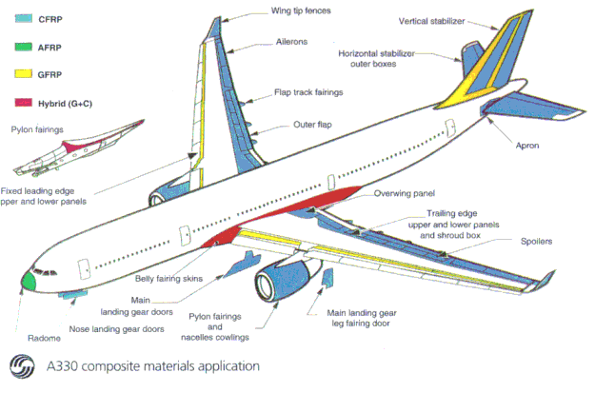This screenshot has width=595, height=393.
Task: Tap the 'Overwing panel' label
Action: point(403,192)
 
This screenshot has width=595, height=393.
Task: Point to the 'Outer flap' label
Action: point(316,124)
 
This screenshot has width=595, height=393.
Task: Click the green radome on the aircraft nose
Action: point(30,281)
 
